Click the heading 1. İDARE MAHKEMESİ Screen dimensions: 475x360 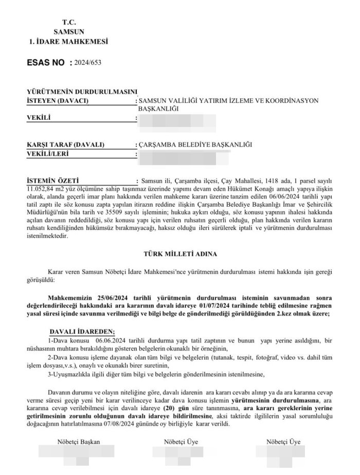coord(69,41)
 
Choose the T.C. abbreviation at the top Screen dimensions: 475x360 coord(68,23)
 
